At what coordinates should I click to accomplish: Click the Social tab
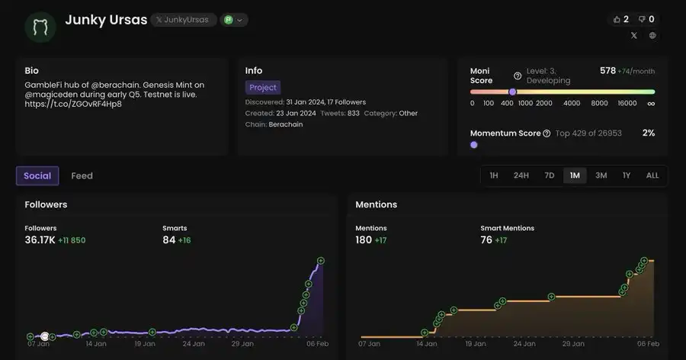(x=37, y=175)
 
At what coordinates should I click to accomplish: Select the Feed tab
(x=82, y=175)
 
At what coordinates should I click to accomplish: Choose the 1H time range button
(x=493, y=175)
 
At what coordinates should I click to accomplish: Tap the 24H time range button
(x=521, y=175)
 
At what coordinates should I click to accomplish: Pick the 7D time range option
(x=549, y=175)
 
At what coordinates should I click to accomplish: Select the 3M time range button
(x=601, y=175)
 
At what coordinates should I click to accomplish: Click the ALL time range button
(x=652, y=175)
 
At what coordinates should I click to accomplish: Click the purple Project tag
(x=262, y=87)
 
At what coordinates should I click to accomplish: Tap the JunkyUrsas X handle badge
(x=183, y=20)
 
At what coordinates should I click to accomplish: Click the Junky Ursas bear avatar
(x=40, y=27)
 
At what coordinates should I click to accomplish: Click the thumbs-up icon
(x=617, y=19)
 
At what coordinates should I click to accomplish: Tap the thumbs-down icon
(x=642, y=19)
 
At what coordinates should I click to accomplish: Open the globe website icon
(x=652, y=36)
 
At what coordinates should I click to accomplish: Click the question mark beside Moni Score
(x=517, y=76)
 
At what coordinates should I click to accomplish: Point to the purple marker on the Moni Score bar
(x=512, y=92)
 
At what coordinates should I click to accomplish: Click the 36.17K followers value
(x=40, y=240)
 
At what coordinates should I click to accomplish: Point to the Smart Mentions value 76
(x=486, y=240)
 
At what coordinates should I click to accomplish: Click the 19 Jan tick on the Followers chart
(x=145, y=344)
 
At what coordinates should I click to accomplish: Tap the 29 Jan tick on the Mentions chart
(x=573, y=344)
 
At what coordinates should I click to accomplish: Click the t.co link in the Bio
(x=73, y=104)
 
